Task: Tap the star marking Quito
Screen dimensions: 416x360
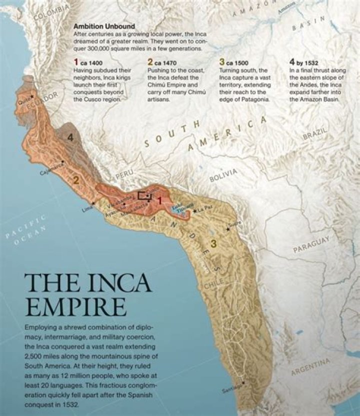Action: coord(32,95)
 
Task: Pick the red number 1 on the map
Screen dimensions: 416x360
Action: coord(159,201)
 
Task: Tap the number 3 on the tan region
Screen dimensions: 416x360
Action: coord(213,243)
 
